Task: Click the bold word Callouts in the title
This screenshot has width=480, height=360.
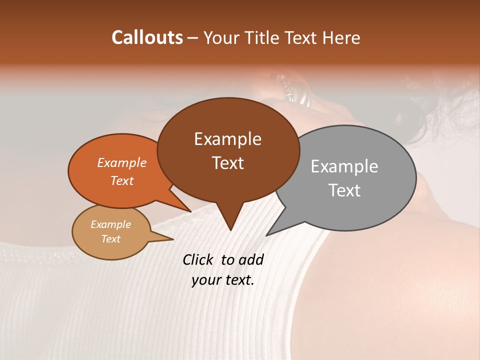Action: pos(147,37)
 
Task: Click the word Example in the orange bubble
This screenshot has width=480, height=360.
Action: pos(122,162)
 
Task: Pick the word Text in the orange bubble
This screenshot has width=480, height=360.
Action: pos(122,180)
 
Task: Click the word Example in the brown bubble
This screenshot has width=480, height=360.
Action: pos(227,139)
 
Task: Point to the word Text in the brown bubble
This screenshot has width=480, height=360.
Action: pos(227,162)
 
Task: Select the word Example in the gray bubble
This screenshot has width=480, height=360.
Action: pos(344,166)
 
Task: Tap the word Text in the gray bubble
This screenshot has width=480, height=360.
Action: pos(344,190)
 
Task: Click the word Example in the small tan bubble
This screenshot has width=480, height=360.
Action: pos(110,224)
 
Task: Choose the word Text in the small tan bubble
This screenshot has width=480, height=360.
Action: pos(110,239)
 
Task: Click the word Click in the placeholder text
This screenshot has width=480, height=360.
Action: pos(197,259)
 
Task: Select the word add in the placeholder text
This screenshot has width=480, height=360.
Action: pos(250,259)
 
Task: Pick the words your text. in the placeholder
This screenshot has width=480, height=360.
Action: pos(223,280)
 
